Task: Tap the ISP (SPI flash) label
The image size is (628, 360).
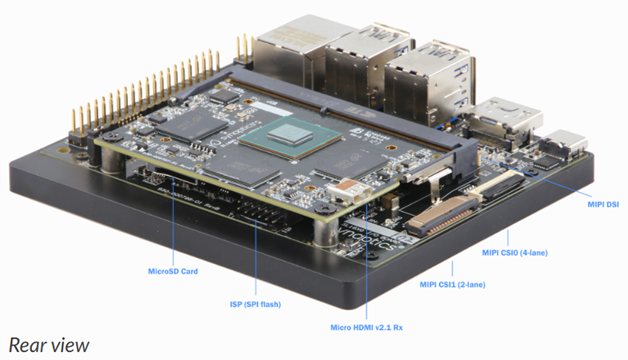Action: tap(255, 305)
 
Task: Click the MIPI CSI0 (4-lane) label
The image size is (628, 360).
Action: tap(514, 254)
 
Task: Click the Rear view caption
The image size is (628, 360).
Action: tap(49, 344)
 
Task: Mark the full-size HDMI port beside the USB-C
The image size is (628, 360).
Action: tap(511, 120)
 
